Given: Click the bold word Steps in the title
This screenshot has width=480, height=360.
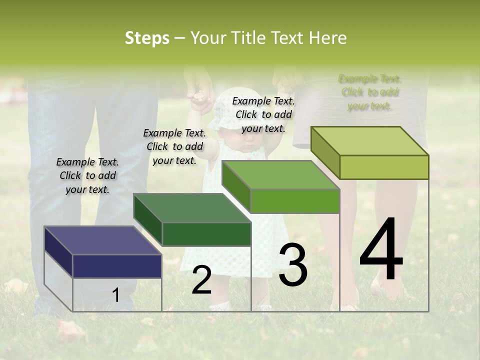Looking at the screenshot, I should click(x=146, y=38).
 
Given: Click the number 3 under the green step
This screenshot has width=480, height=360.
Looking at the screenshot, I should click(x=292, y=265).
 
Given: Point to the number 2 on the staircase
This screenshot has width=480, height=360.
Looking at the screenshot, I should click(x=201, y=280).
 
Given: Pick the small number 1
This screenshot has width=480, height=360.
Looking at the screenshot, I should click(x=115, y=295).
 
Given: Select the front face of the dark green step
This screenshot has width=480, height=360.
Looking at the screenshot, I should click(x=206, y=234).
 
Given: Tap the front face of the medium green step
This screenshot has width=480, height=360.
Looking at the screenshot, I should click(x=295, y=201).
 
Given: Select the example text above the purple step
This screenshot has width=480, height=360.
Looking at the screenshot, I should click(x=87, y=175).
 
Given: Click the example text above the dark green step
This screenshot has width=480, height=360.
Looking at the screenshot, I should click(x=174, y=146).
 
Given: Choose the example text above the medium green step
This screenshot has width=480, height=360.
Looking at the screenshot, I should click(x=263, y=114).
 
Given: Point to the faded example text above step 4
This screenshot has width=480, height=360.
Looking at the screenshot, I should click(x=370, y=92).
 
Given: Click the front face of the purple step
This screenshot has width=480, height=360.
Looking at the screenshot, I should click(x=117, y=266).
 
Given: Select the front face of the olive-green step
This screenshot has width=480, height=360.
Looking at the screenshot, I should click(x=384, y=167).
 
